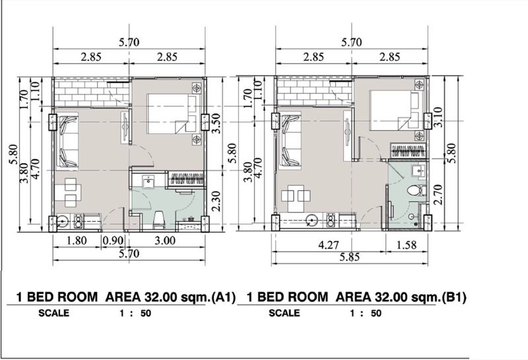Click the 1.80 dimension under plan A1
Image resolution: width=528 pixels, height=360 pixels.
click(x=77, y=240)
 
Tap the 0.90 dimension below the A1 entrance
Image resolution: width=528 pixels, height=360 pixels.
click(x=113, y=240)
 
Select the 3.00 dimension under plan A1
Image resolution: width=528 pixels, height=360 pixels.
click(x=165, y=240)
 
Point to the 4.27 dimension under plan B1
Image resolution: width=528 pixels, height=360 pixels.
click(x=329, y=244)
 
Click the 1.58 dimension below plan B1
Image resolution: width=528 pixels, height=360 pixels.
click(x=407, y=244)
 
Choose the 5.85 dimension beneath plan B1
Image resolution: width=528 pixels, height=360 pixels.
click(x=350, y=257)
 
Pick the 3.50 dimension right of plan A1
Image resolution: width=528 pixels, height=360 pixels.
click(x=216, y=124)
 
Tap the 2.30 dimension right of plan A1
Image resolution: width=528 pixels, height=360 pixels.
click(x=216, y=201)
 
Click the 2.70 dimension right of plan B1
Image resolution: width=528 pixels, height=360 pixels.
click(x=438, y=194)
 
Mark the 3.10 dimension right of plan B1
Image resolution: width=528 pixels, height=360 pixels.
click(x=438, y=117)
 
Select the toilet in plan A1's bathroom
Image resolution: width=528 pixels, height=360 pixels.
click(x=158, y=219)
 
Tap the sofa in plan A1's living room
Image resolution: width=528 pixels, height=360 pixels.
click(x=67, y=141)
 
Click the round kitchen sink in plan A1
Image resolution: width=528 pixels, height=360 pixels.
click(x=62, y=222)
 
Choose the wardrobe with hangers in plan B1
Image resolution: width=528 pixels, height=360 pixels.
click(x=408, y=151)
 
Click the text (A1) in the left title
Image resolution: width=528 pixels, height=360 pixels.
click(x=223, y=297)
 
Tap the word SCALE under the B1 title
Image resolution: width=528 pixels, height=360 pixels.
click(x=284, y=313)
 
